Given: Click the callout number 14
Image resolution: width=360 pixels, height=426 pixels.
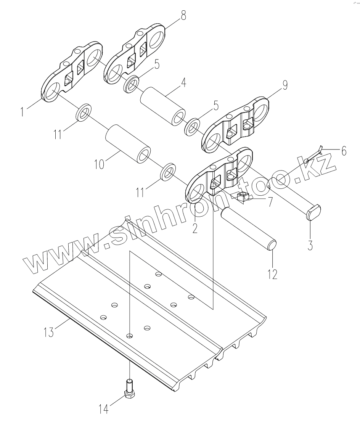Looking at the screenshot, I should click(x=103, y=410).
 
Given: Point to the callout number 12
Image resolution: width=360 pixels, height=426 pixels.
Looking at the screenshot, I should click(x=272, y=274).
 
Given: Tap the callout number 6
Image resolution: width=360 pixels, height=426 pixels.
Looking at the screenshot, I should click(x=344, y=151).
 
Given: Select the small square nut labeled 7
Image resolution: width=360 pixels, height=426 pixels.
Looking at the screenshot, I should click(x=242, y=197).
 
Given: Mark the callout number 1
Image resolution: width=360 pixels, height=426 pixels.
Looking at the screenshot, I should click(x=24, y=112).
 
